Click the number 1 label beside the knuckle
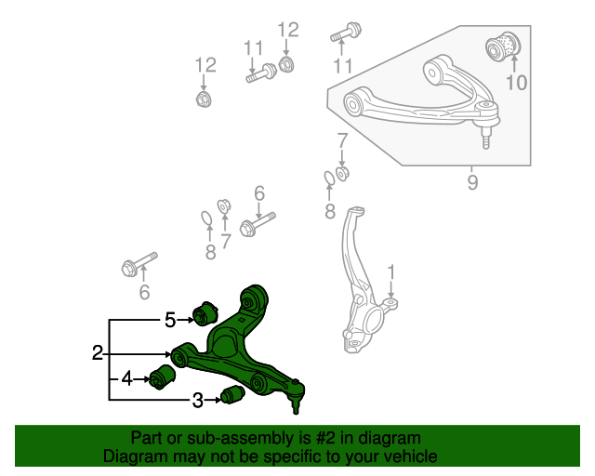(391, 272)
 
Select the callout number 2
(97, 353)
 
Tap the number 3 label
(198, 401)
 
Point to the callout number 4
(126, 378)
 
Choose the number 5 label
(170, 320)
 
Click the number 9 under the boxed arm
(472, 182)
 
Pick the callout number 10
(515, 83)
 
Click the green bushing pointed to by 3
(231, 396)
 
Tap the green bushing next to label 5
(204, 313)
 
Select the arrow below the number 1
(391, 294)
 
